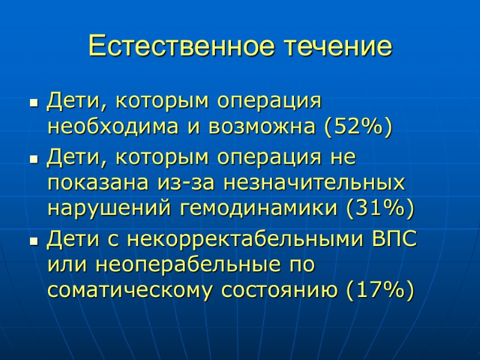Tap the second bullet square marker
pyautogui.click(x=34, y=160)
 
